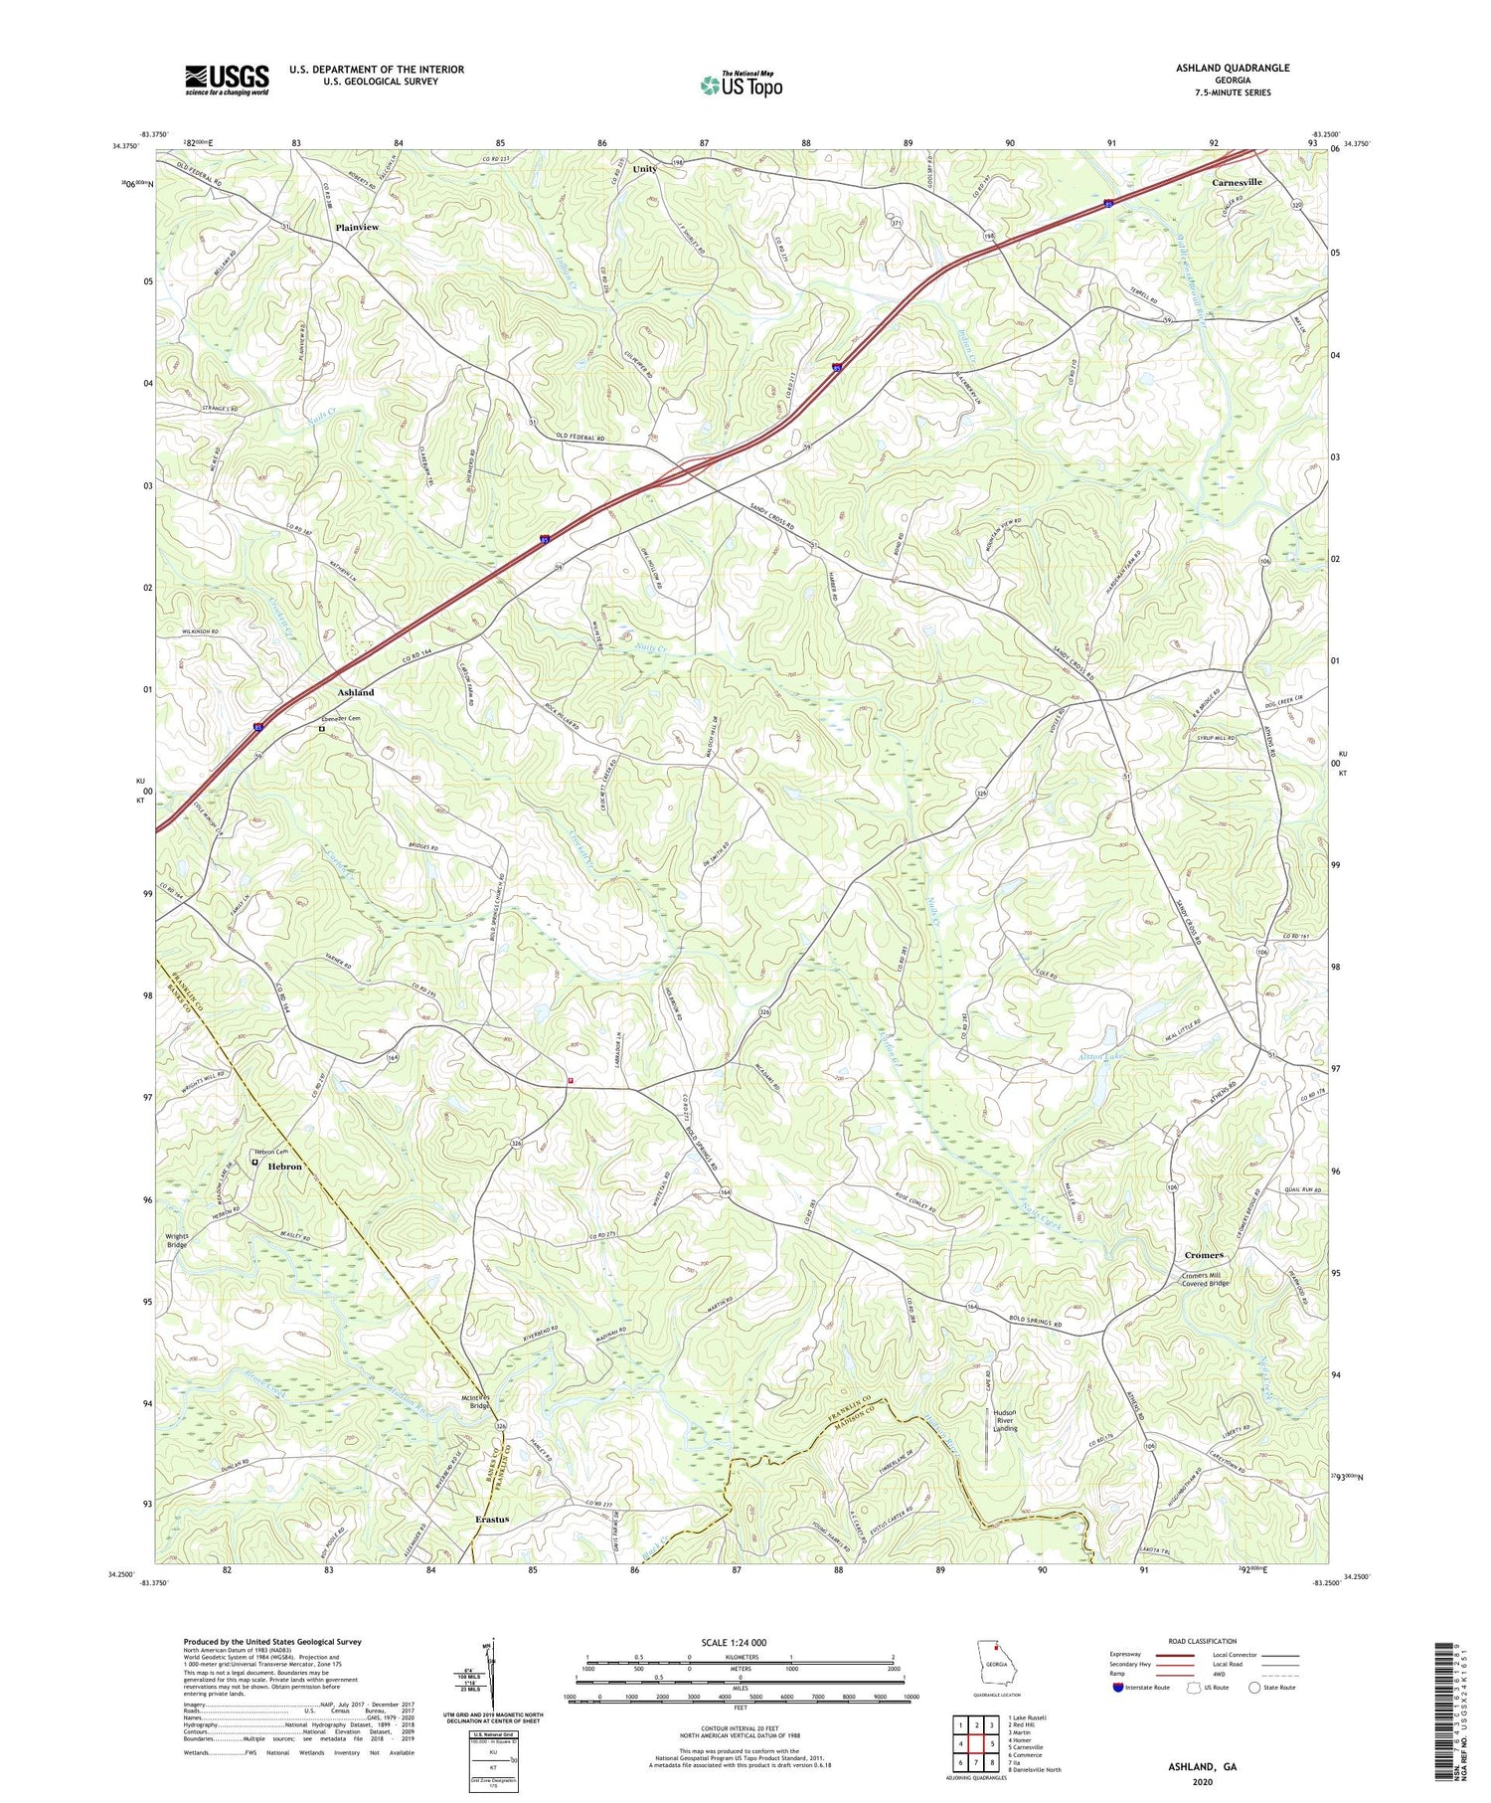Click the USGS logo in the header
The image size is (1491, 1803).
tap(227, 80)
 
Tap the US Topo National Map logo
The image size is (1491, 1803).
tap(741, 86)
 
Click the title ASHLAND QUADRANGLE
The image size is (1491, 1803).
tap(1232, 69)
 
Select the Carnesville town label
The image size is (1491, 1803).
tap(1237, 183)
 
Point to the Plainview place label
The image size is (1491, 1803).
tap(357, 228)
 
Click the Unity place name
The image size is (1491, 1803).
tap(645, 169)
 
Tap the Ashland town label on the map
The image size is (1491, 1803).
tap(356, 692)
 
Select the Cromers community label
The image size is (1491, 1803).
tap(1204, 1255)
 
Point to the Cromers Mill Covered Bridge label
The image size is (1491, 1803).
tap(1205, 1280)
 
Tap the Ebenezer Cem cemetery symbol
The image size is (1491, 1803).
tap(322, 729)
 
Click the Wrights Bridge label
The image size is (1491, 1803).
tap(177, 1240)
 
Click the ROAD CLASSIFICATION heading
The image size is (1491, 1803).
tap(1203, 1641)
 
